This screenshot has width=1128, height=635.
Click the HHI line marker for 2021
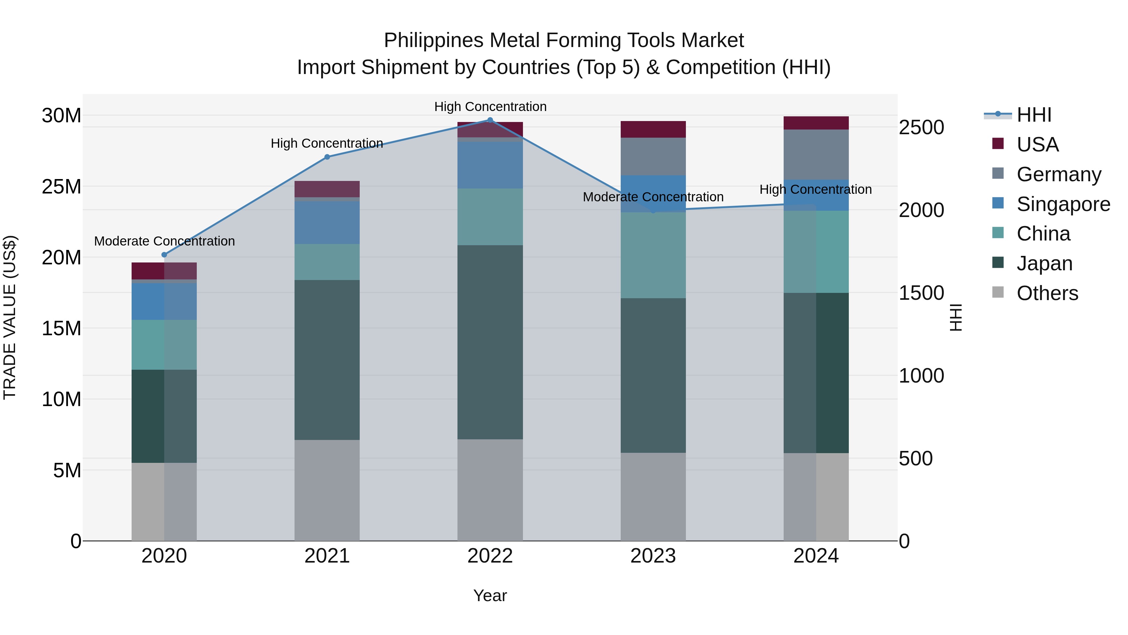[x=327, y=157]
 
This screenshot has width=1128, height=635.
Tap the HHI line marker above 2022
[x=490, y=120]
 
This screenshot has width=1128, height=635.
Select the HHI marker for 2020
[x=164, y=255]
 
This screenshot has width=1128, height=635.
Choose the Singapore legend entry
[x=1063, y=204]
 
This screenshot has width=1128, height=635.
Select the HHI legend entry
[x=1033, y=115]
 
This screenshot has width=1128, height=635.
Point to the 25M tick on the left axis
[x=61, y=187]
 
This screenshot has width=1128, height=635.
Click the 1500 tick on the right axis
[x=921, y=293]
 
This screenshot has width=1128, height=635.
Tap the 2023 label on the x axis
[x=653, y=556]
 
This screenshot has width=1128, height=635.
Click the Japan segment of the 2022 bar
[x=490, y=342]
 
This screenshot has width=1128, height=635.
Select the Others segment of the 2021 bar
[x=327, y=490]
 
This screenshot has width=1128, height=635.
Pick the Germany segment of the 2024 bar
[x=816, y=154]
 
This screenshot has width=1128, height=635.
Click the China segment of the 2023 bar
[x=653, y=255]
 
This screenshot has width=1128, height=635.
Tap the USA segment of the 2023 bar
[x=653, y=129]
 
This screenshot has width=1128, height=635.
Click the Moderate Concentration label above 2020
[x=164, y=241]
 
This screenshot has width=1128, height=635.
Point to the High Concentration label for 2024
[x=815, y=189]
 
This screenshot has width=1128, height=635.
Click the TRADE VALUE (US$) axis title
[x=10, y=317]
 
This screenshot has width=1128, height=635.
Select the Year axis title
[x=490, y=595]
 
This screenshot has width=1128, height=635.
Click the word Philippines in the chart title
[x=434, y=40]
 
